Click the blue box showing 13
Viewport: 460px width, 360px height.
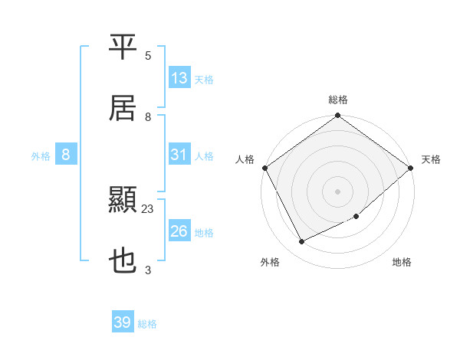click(179, 77)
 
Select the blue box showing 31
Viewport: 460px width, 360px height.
click(179, 155)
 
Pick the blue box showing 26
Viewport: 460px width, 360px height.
click(179, 231)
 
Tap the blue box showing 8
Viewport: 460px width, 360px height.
click(66, 155)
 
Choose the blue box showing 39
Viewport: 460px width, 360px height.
click(123, 322)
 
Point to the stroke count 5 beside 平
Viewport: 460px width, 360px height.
click(148, 56)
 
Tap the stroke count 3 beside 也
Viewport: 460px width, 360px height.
click(148, 270)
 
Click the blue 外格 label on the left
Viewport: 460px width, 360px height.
click(41, 156)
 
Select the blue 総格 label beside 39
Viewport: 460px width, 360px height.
click(147, 324)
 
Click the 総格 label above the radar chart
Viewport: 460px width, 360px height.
click(338, 100)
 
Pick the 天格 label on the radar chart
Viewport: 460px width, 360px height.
click(431, 159)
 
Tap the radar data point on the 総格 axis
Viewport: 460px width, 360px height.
click(338, 116)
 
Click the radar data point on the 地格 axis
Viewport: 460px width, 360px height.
click(356, 217)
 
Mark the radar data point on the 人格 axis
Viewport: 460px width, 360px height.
click(264, 167)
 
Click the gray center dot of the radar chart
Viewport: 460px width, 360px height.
click(338, 191)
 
